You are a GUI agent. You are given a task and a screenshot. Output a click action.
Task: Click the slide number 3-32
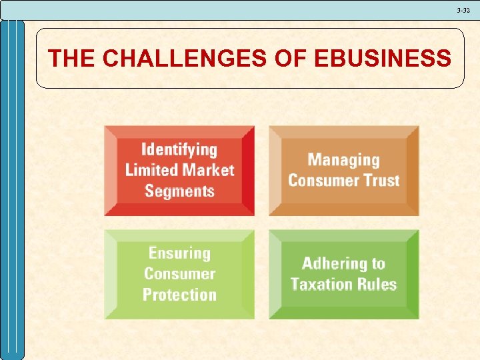[463, 10]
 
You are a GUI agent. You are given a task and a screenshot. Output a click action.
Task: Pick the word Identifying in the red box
[179, 149]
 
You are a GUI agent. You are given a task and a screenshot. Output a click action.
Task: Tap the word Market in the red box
[208, 170]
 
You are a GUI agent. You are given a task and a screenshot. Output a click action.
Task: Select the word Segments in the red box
[179, 191]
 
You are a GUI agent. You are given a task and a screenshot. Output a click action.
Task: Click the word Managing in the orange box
[343, 160]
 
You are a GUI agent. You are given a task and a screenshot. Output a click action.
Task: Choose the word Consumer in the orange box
[321, 181]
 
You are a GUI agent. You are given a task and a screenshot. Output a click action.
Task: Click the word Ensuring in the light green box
[179, 253]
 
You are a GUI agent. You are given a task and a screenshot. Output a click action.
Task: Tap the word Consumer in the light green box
[179, 274]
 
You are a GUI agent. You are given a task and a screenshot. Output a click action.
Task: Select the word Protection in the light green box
[179, 295]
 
